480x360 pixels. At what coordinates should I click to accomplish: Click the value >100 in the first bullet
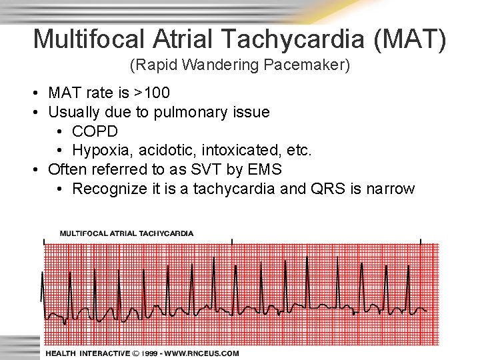pos(151,93)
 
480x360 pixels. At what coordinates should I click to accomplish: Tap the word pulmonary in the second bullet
pos(185,112)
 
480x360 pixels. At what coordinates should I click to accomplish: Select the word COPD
pos(95,131)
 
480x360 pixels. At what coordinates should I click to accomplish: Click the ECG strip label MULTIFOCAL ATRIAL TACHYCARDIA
pos(127,233)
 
